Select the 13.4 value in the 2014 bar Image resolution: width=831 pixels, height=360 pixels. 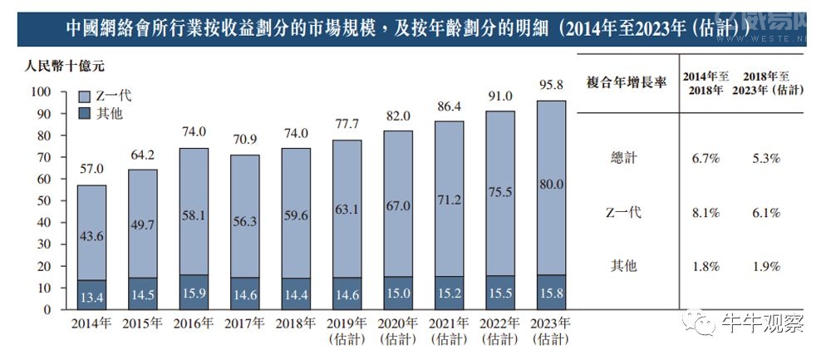[91, 297]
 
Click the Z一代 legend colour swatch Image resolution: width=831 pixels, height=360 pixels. [84, 96]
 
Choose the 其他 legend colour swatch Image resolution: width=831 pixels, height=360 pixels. [84, 114]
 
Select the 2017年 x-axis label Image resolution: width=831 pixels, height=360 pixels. [244, 325]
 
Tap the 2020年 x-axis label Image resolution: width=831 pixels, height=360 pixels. [399, 325]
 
